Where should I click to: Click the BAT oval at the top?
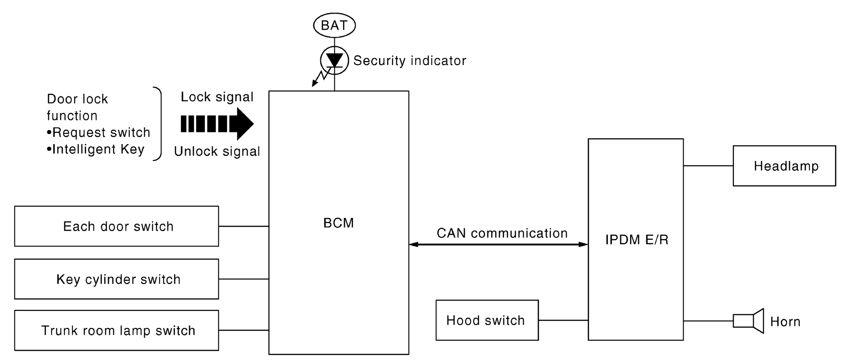coord(334,25)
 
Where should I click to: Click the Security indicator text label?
coord(409,61)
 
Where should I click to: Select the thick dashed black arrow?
coord(217,124)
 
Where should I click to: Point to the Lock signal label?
coord(217,97)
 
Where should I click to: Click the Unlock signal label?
coord(217,151)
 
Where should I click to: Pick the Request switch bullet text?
coord(99,132)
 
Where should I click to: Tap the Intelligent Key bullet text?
coord(96,149)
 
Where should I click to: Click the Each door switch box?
coord(116,226)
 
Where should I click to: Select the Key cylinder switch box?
coord(116,279)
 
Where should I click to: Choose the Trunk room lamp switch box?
coord(116,330)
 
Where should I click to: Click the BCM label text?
coord(338,223)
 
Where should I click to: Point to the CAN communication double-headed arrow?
coord(498,244)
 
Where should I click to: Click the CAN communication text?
coord(502,233)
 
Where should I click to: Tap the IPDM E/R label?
coord(637,240)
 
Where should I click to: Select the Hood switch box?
coord(487,320)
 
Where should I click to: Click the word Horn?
coord(785,322)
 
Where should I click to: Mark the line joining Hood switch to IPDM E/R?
coord(563,320)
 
